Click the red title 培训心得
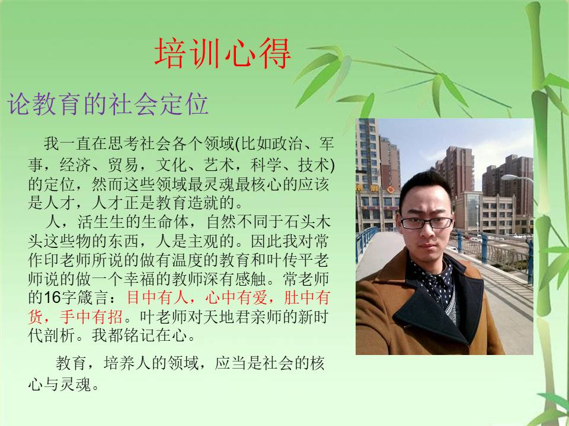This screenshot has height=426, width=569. coord(223,53)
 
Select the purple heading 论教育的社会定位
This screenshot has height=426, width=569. coord(108,104)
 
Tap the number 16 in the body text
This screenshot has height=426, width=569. coord(52,298)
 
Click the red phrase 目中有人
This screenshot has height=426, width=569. coord(158,298)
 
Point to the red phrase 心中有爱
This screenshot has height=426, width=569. coord(236,298)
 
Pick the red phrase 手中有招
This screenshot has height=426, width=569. coord(91,317)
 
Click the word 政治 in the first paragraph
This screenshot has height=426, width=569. coord(287,144)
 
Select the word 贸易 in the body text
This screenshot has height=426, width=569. coord(123,165)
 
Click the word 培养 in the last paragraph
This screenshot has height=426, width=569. coord(119,363)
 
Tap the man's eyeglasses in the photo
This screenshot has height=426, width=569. coord(427,223)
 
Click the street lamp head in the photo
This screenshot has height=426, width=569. coord(510,177)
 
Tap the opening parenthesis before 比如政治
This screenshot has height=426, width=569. coord(238,144)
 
